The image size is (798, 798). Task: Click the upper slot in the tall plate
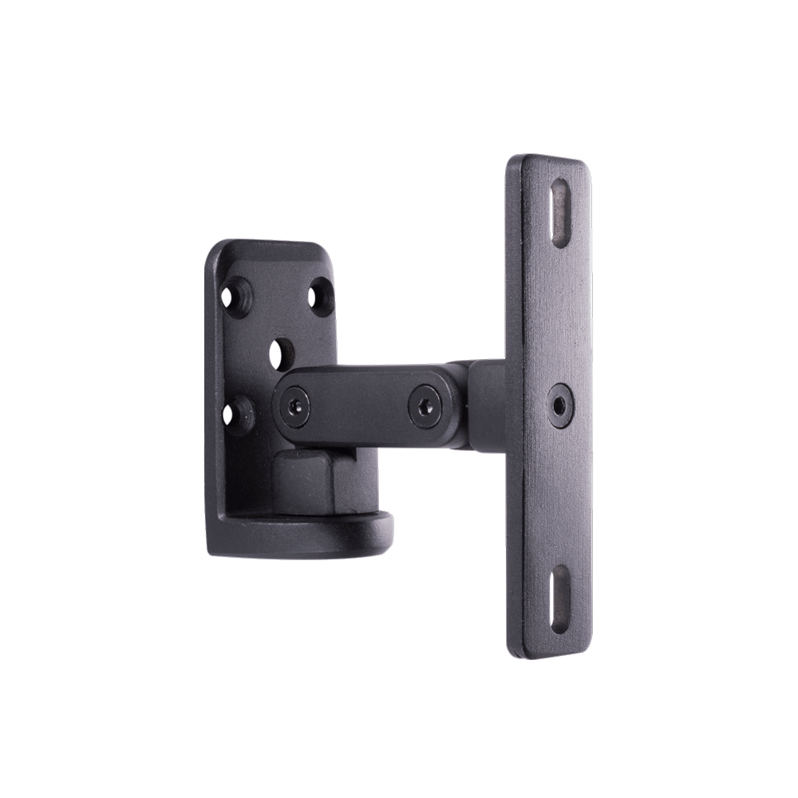[x=562, y=213]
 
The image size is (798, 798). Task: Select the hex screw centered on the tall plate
[x=561, y=405]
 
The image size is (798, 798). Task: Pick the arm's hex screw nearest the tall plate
[x=424, y=405]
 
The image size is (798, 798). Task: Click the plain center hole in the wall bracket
[x=281, y=354]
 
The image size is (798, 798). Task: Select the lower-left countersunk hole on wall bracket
[x=237, y=414]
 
